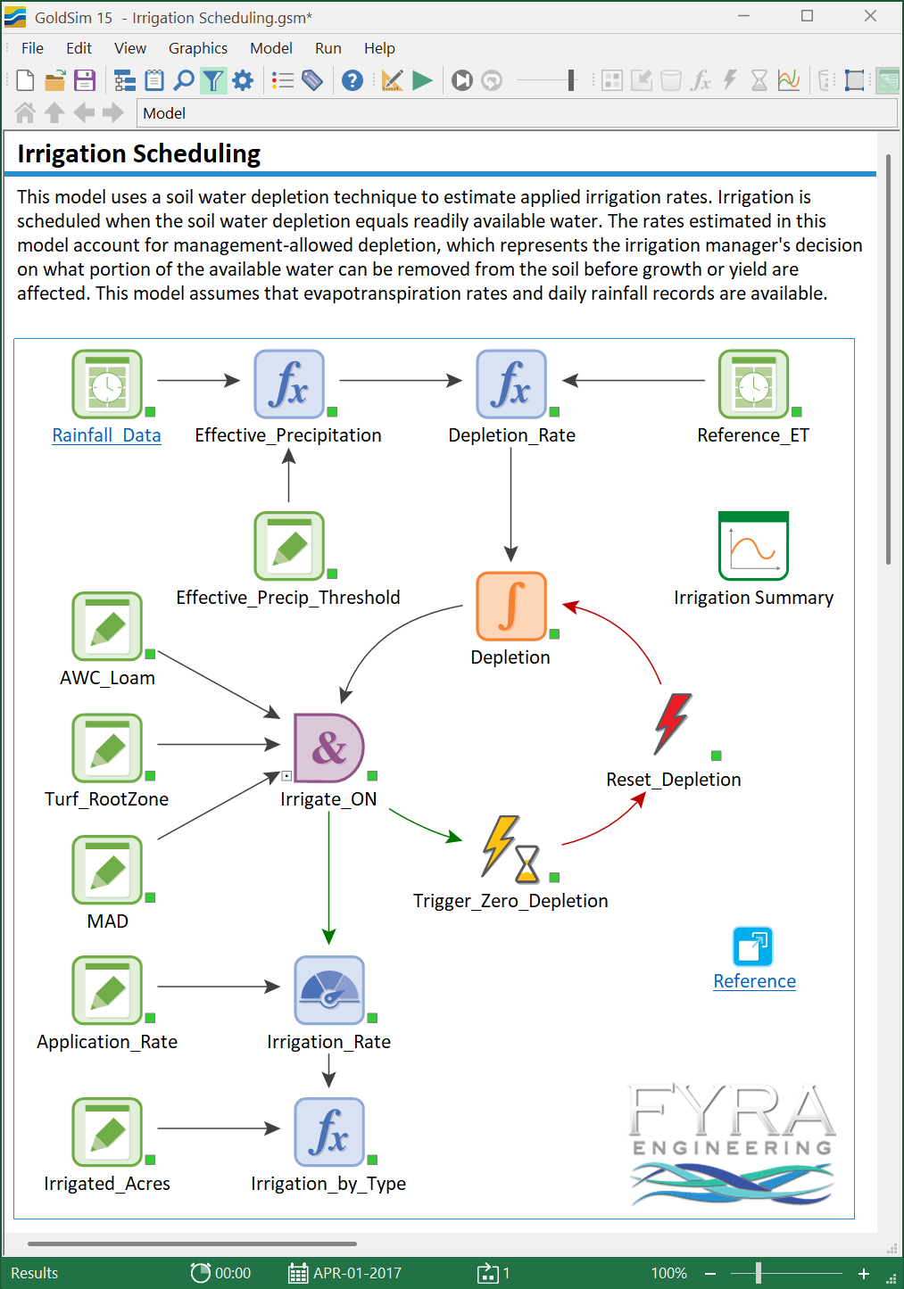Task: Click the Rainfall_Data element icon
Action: [107, 384]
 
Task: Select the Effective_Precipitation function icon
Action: [289, 384]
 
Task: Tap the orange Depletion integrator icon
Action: [511, 606]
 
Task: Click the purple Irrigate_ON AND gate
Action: [328, 748]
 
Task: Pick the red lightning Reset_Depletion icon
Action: [673, 724]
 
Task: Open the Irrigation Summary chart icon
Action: [754, 546]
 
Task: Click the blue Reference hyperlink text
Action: [754, 980]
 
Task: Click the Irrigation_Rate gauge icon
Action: [328, 990]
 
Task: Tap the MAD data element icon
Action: [107, 870]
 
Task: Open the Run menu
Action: [328, 48]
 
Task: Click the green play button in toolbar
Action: [423, 80]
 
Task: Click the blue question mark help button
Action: [352, 80]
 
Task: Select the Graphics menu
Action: [198, 48]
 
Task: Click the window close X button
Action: [871, 16]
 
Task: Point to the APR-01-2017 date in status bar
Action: [357, 1272]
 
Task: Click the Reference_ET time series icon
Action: [754, 384]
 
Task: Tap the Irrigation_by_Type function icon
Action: [328, 1132]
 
